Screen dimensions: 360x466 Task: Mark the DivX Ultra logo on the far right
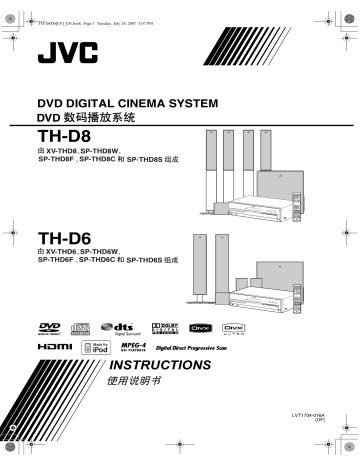pos(316,325)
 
